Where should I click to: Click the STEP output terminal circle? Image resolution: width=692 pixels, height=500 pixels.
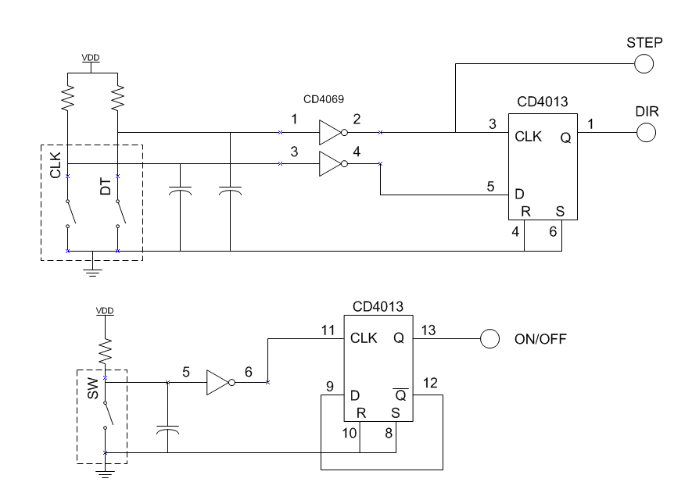click(x=644, y=64)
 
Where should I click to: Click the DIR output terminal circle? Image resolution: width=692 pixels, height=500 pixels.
click(x=646, y=132)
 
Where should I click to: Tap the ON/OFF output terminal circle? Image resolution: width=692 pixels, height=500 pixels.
click(x=489, y=338)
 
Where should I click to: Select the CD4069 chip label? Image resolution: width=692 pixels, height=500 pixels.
click(x=324, y=99)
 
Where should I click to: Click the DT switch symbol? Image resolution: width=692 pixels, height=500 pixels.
click(x=120, y=213)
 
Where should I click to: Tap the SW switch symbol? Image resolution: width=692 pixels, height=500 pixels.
click(x=107, y=415)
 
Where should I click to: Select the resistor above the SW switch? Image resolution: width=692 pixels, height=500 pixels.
click(x=105, y=352)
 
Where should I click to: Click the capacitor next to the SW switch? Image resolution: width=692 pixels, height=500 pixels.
click(x=167, y=430)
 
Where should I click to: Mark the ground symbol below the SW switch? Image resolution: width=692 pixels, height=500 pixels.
click(x=105, y=474)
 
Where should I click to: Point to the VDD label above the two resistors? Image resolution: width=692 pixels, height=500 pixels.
click(x=91, y=58)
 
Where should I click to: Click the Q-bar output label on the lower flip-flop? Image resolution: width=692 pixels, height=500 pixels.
click(x=400, y=395)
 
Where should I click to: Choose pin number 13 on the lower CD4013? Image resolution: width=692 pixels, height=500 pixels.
click(x=428, y=330)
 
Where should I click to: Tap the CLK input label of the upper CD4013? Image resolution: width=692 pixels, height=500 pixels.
click(x=528, y=136)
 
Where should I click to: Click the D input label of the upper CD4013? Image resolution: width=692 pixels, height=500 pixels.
click(x=519, y=194)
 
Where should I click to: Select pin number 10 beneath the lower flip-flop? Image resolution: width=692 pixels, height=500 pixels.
click(x=349, y=433)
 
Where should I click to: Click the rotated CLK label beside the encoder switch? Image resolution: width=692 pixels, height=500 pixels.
click(x=56, y=166)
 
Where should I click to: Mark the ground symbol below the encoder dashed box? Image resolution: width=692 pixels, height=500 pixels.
click(x=92, y=272)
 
